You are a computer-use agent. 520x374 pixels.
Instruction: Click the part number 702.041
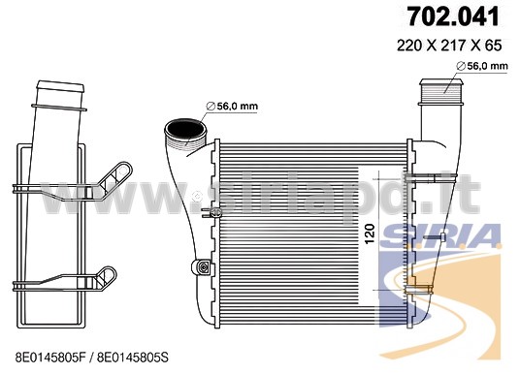tap(453, 16)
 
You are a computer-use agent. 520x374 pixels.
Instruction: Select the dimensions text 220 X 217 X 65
tap(449, 46)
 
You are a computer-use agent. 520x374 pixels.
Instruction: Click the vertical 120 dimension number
tap(371, 234)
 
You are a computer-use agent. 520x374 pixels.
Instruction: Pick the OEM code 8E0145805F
tap(50, 358)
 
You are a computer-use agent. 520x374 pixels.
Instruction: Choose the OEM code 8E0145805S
tap(132, 358)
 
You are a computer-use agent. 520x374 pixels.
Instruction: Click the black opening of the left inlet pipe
tap(184, 129)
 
